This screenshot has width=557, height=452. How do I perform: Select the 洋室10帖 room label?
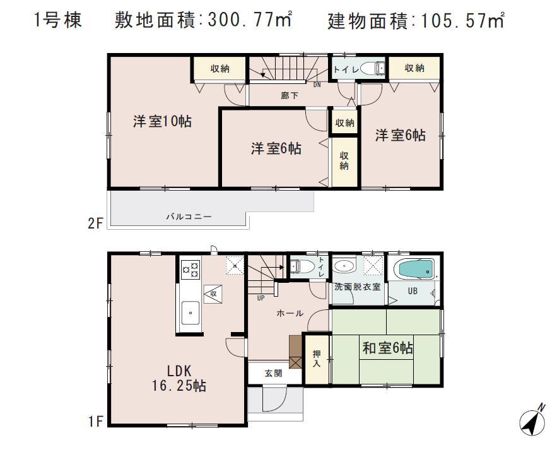point(162,121)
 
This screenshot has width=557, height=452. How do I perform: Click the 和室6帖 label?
point(387,347)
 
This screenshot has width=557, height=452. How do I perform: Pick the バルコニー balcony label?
point(189,217)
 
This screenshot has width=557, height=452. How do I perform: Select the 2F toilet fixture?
point(375,67)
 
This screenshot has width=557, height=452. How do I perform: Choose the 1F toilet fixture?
point(300,266)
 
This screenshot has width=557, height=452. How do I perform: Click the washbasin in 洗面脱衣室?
point(344,266)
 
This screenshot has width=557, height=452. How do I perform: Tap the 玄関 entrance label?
point(273,373)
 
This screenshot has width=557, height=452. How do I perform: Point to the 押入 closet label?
point(316,359)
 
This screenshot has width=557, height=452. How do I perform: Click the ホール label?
point(291,313)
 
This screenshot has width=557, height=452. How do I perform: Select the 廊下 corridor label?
point(290,95)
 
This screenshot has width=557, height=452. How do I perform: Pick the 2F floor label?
point(95,223)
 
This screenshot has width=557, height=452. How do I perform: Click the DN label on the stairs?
point(317,83)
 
